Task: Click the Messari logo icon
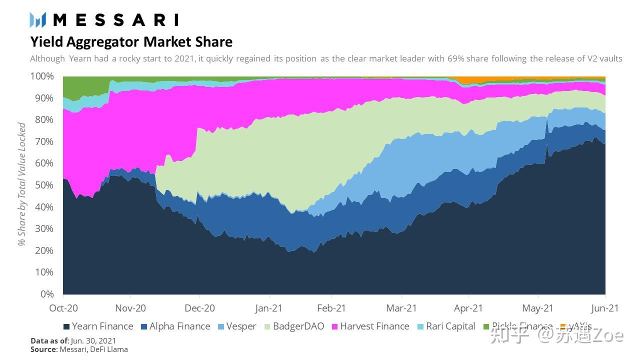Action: point(38,20)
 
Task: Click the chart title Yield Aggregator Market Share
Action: point(131,41)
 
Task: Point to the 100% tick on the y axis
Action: point(43,76)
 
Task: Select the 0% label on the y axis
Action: point(47,294)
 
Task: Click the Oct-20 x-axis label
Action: point(63,308)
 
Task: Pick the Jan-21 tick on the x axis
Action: point(269,308)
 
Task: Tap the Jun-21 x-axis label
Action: point(605,308)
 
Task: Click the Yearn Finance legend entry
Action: point(98,326)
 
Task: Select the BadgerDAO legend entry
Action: point(293,326)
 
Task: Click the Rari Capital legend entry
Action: point(446,326)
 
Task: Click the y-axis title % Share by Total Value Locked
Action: point(22,184)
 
